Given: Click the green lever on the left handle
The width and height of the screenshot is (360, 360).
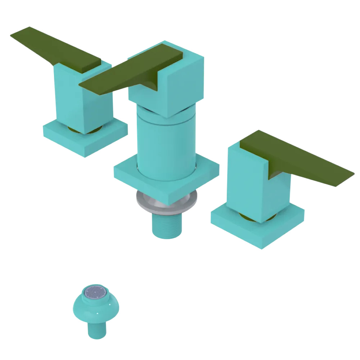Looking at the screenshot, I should [54, 49].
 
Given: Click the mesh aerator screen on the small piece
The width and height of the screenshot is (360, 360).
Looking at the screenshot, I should [96, 292].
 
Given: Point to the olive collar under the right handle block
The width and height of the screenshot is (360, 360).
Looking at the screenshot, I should [248, 217].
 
